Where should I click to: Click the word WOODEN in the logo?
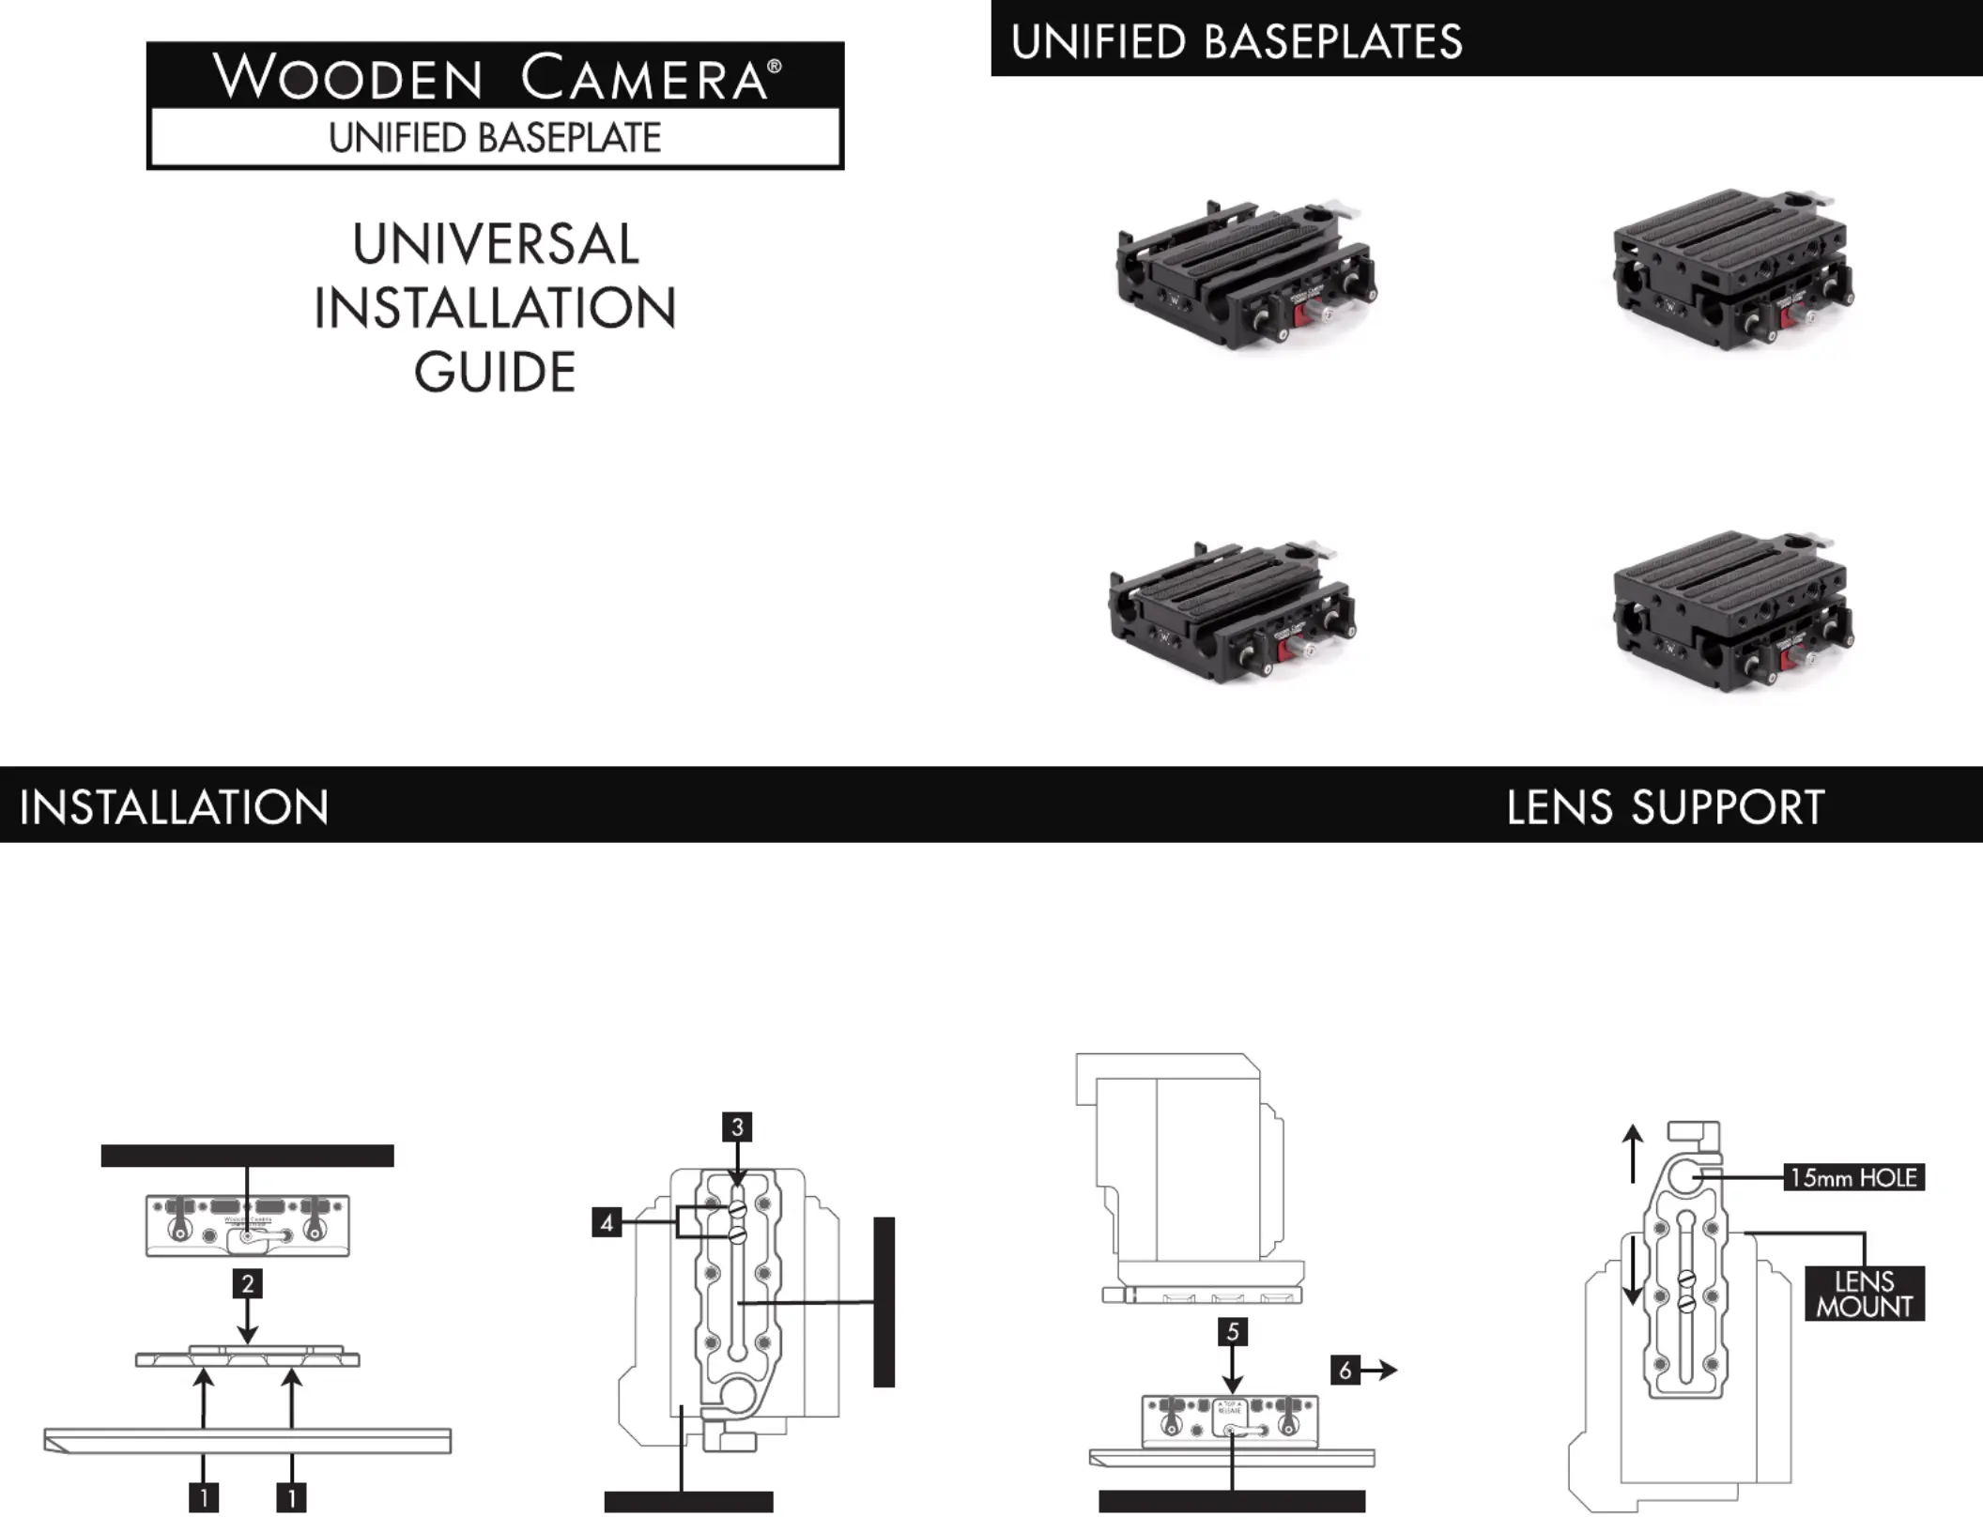click(x=347, y=77)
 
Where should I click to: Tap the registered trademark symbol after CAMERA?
click(x=775, y=66)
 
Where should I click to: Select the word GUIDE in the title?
click(x=495, y=372)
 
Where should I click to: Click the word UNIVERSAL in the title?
click(x=496, y=244)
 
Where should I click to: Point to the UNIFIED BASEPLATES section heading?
click(x=1237, y=42)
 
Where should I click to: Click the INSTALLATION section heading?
click(x=174, y=807)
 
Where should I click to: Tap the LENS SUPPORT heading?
click(x=1665, y=807)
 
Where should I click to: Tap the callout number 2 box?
click(x=247, y=1283)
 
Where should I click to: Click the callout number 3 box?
click(x=737, y=1126)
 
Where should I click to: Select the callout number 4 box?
click(x=607, y=1223)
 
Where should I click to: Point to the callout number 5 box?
click(x=1233, y=1331)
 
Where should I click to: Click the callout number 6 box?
click(x=1345, y=1371)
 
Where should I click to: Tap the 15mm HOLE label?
click(x=1853, y=1177)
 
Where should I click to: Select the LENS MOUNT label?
click(x=1864, y=1294)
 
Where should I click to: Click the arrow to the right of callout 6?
click(x=1381, y=1371)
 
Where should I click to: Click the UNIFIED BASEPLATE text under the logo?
click(x=495, y=138)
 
